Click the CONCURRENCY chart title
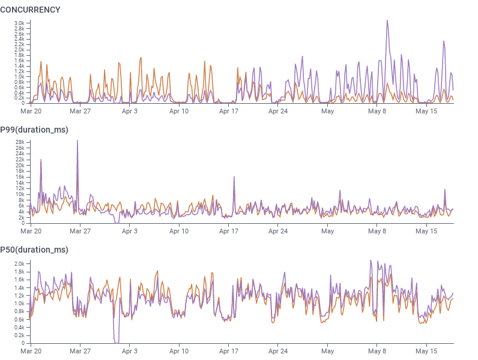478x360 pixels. coord(30,10)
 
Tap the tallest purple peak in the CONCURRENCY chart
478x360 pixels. coord(387,21)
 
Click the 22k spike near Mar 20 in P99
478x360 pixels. coord(41,160)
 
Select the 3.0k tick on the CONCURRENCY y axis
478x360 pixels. coord(19,23)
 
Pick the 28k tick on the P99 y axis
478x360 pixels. coord(20,142)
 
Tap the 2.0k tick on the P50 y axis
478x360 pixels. coord(19,263)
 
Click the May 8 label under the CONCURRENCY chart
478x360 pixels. coord(377,111)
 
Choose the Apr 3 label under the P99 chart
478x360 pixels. coord(130,231)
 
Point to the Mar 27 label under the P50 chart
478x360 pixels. coord(80,351)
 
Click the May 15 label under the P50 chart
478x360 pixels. coord(426,351)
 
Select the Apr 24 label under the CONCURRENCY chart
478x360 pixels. coord(278,111)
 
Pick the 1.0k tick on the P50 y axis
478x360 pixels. coord(19,304)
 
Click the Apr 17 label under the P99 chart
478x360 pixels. coord(229,231)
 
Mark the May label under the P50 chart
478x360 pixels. coord(327,351)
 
